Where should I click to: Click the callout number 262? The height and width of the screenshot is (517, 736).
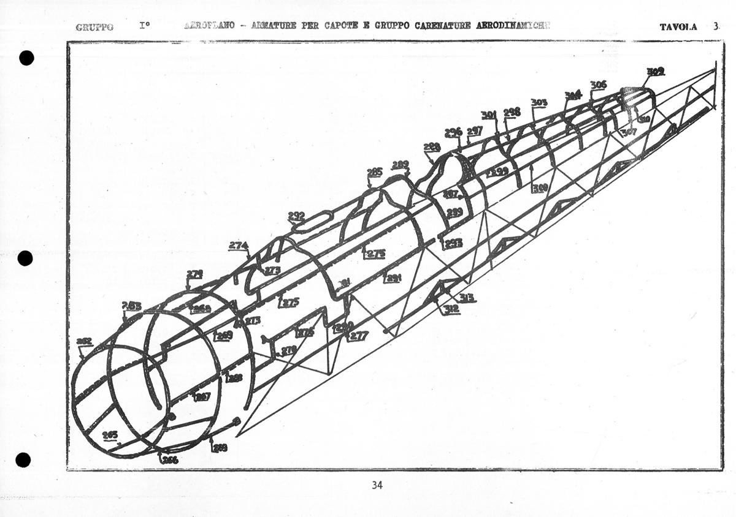click(x=84, y=341)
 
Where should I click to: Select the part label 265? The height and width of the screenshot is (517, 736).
click(x=110, y=435)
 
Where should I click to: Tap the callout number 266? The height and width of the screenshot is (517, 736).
click(x=169, y=459)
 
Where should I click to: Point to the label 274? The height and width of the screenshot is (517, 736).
click(x=239, y=246)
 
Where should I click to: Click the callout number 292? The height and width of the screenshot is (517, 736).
click(x=296, y=216)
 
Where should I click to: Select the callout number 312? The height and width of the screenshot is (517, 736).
click(x=451, y=309)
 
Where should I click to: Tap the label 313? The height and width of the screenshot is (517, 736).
click(x=468, y=298)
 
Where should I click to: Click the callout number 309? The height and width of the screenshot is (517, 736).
click(x=656, y=72)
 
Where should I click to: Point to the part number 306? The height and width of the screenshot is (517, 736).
click(x=599, y=85)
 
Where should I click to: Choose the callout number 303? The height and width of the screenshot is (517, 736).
click(x=539, y=102)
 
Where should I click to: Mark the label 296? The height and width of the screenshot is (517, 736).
click(x=453, y=132)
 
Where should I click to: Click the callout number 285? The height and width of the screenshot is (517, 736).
click(x=375, y=172)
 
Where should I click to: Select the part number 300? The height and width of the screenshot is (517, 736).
click(x=540, y=188)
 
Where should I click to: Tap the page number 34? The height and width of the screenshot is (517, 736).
click(x=377, y=485)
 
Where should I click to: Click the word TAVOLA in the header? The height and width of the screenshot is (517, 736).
click(x=678, y=27)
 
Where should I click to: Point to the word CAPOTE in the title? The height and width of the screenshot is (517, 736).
click(x=334, y=26)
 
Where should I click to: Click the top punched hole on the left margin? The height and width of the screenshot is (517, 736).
click(x=26, y=58)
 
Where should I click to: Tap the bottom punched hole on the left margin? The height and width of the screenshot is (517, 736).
click(x=23, y=459)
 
